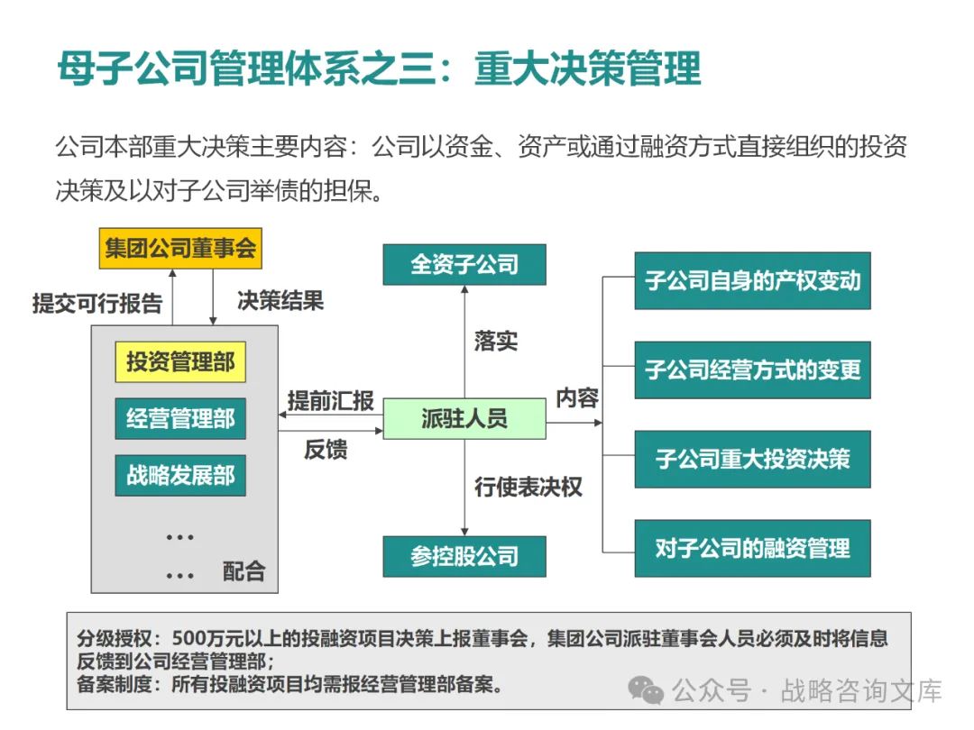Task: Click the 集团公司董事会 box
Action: click(x=180, y=249)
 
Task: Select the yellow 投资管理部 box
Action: click(x=180, y=362)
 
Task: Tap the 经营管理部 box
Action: click(x=180, y=419)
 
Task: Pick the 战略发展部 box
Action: click(x=180, y=475)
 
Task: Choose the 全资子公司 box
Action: click(x=464, y=265)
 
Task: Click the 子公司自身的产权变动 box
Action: click(x=752, y=281)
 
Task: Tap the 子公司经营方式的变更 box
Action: click(x=752, y=370)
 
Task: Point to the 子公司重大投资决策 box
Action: click(x=752, y=459)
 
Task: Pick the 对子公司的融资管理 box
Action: click(x=752, y=548)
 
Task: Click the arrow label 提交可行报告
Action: click(x=97, y=303)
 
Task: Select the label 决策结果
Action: click(x=280, y=300)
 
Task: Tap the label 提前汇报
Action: click(x=330, y=401)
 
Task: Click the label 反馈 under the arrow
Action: click(x=326, y=449)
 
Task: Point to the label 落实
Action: click(x=496, y=341)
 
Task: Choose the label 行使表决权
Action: click(x=528, y=488)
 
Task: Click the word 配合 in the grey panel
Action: click(x=243, y=570)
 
